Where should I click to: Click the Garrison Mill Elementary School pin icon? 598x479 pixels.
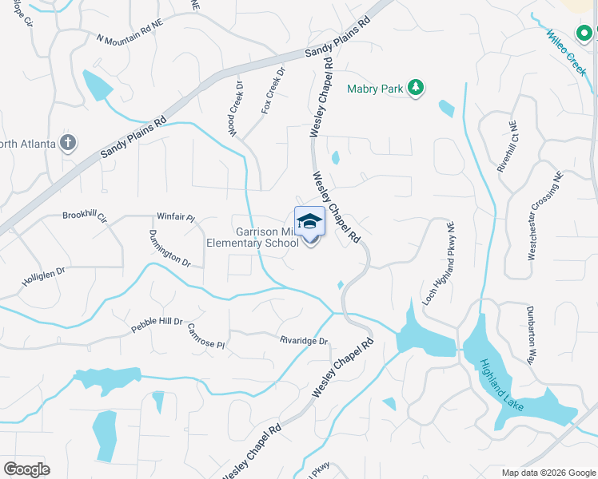coord(309,224)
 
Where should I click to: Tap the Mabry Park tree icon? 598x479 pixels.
coord(415,88)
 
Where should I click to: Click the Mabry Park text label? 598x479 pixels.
coord(375,89)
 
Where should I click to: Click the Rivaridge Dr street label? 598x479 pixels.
coord(304,341)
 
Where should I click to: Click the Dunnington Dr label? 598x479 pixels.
coord(169,248)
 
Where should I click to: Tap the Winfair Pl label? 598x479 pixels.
coord(176,216)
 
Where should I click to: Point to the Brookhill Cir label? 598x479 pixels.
coord(85,216)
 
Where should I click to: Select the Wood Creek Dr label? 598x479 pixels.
coord(238,111)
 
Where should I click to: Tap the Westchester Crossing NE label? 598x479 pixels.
coord(543,216)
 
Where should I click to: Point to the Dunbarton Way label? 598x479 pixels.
coord(530,334)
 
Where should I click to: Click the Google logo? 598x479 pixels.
coord(26,469)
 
